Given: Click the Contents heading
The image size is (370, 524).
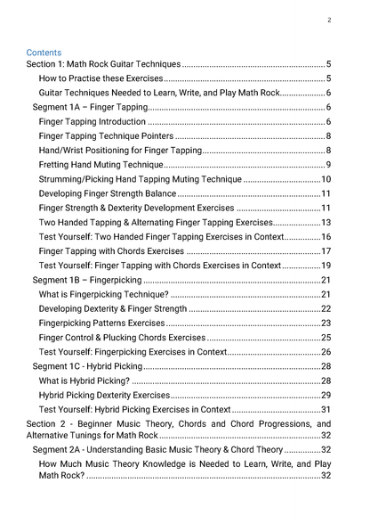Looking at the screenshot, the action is (x=44, y=53).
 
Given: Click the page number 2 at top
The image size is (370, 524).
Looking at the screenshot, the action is (x=329, y=20).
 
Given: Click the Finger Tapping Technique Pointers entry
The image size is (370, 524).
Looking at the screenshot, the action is (x=106, y=136).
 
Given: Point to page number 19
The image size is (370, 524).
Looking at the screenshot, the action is (x=326, y=266).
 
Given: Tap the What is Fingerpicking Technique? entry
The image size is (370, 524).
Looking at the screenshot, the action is (x=102, y=294).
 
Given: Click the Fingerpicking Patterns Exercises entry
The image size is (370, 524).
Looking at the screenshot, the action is (x=101, y=323).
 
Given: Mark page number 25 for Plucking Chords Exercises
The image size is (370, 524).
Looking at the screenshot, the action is (x=326, y=338).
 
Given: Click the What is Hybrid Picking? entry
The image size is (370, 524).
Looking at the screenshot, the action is (x=84, y=381).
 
